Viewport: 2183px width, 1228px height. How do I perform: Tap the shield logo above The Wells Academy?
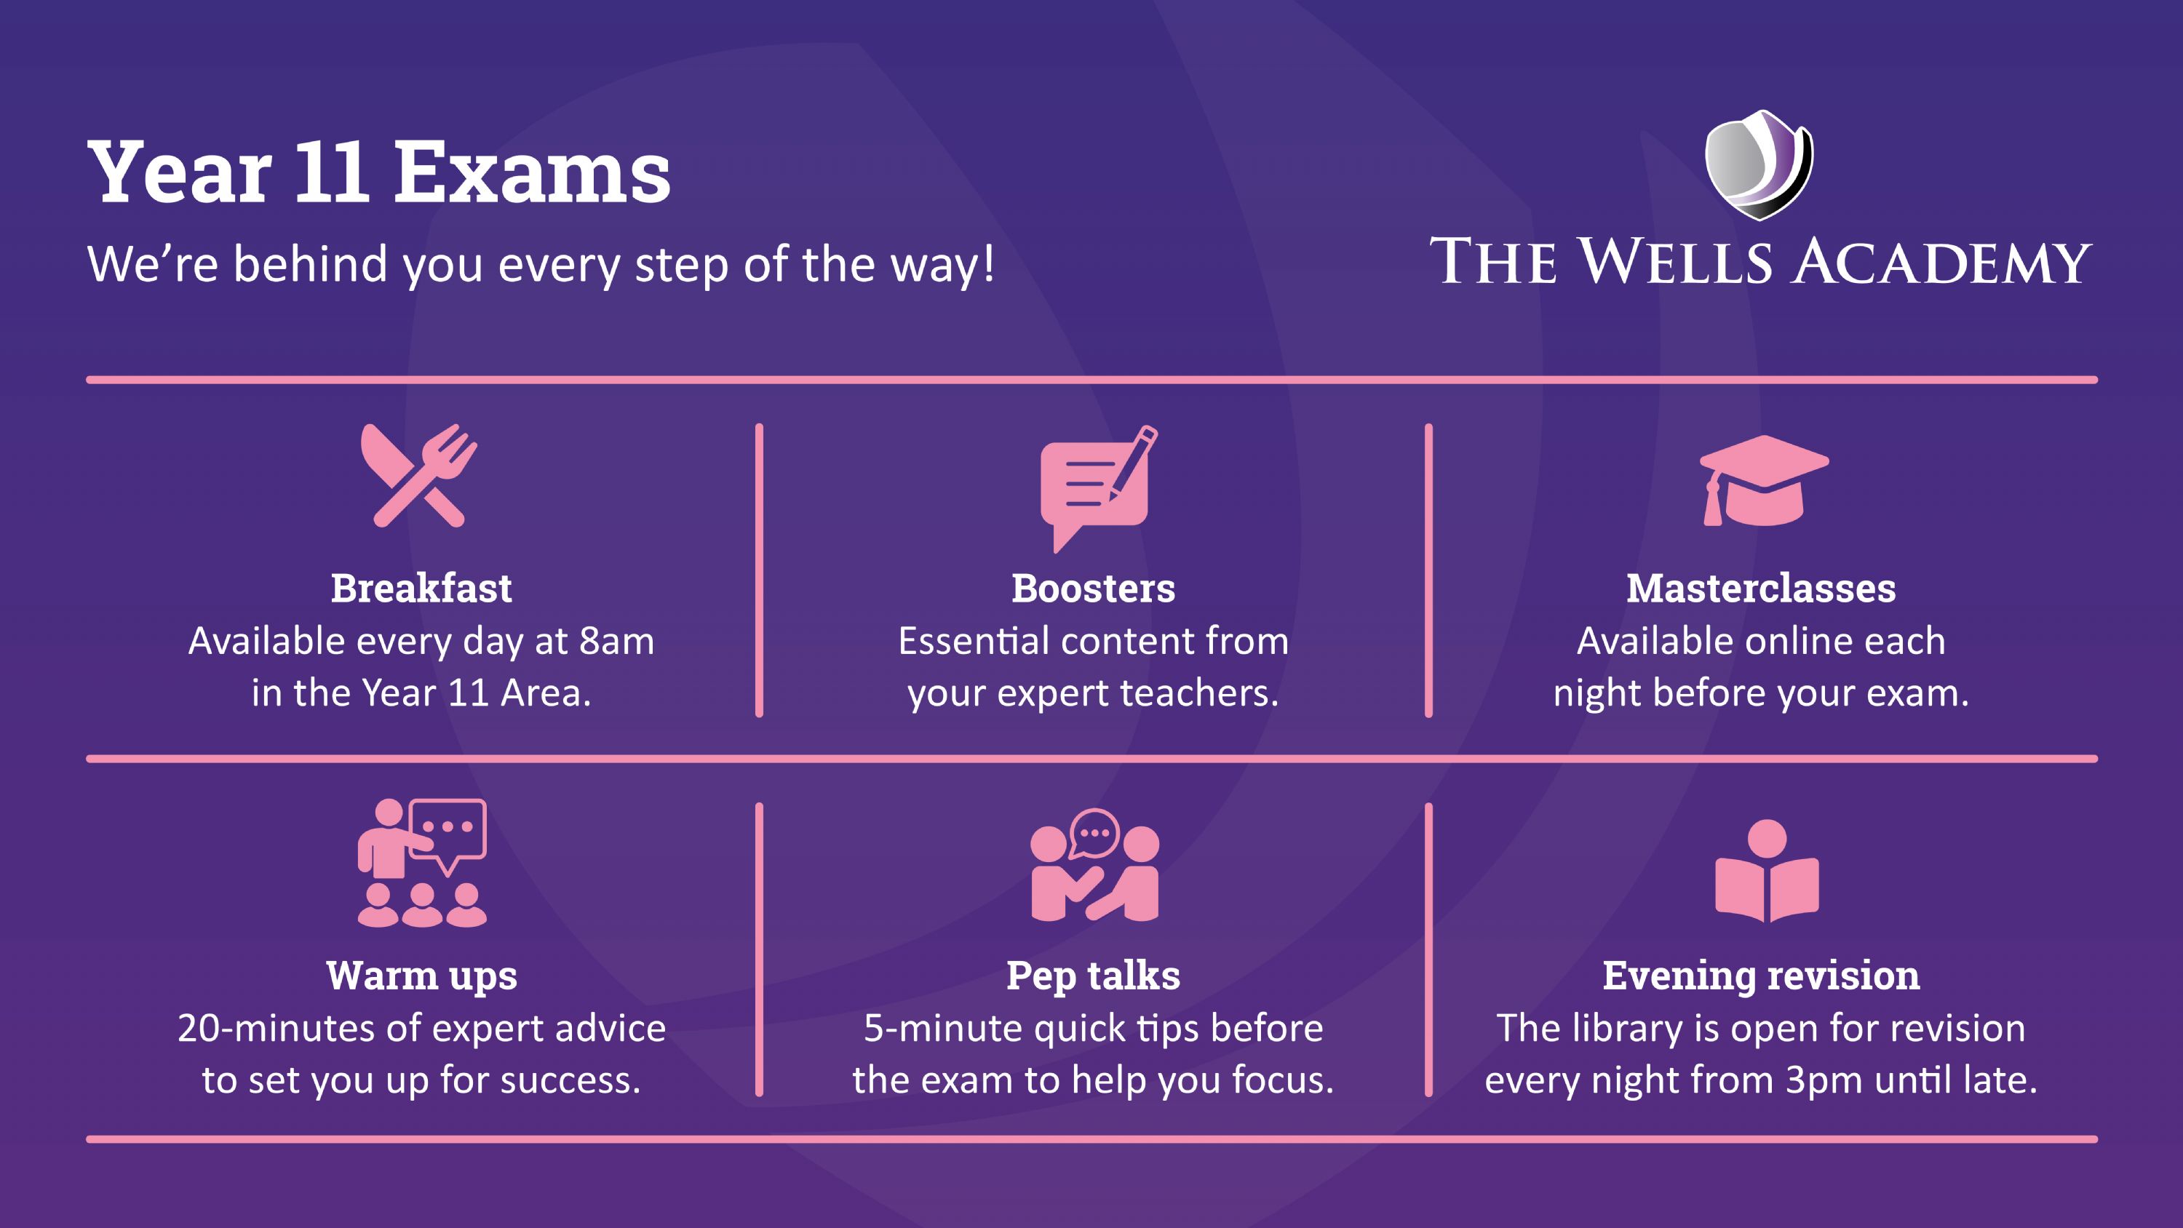pyautogui.click(x=1759, y=164)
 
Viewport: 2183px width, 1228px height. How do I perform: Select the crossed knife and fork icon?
pyautogui.click(x=418, y=476)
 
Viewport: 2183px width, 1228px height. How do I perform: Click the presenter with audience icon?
pyautogui.click(x=422, y=863)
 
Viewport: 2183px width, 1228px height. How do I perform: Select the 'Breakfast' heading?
pyautogui.click(x=421, y=588)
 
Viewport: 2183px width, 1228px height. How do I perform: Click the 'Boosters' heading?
pyautogui.click(x=1093, y=588)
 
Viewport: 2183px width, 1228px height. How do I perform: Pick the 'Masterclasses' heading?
pyautogui.click(x=1761, y=588)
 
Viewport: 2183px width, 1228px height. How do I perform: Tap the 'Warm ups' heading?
pyautogui.click(x=421, y=976)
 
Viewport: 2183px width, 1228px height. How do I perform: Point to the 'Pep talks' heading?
pyautogui.click(x=1093, y=976)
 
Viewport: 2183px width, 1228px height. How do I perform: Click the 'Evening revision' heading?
pyautogui.click(x=1761, y=976)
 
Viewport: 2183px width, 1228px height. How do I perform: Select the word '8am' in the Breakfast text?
pyautogui.click(x=617, y=642)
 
